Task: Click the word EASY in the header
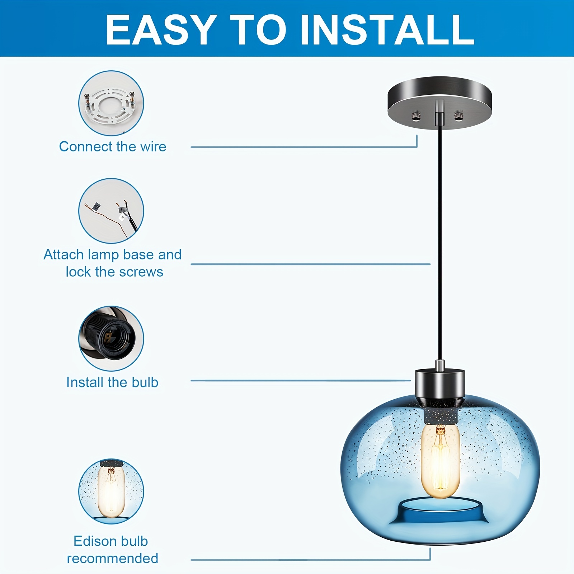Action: [x=160, y=29]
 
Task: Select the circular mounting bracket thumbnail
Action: [x=111, y=103]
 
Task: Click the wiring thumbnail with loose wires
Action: [x=111, y=211]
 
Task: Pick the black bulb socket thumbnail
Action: [x=111, y=339]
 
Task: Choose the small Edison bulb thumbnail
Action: [x=111, y=491]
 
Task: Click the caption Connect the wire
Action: [x=113, y=147]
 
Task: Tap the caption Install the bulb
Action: [x=112, y=382]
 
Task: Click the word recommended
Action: [x=113, y=559]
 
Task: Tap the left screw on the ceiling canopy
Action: [x=415, y=116]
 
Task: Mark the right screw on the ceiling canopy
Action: [x=458, y=116]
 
